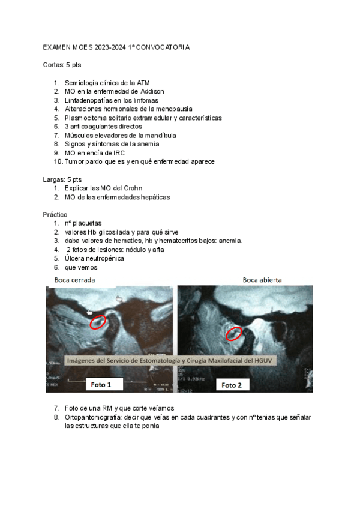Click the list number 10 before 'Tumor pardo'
tap(57, 161)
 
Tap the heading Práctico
tap(55, 214)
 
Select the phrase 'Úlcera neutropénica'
tap(94, 258)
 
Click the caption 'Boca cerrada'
tap(74, 280)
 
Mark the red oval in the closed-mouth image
tap(98, 322)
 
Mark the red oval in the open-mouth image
tap(233, 333)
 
